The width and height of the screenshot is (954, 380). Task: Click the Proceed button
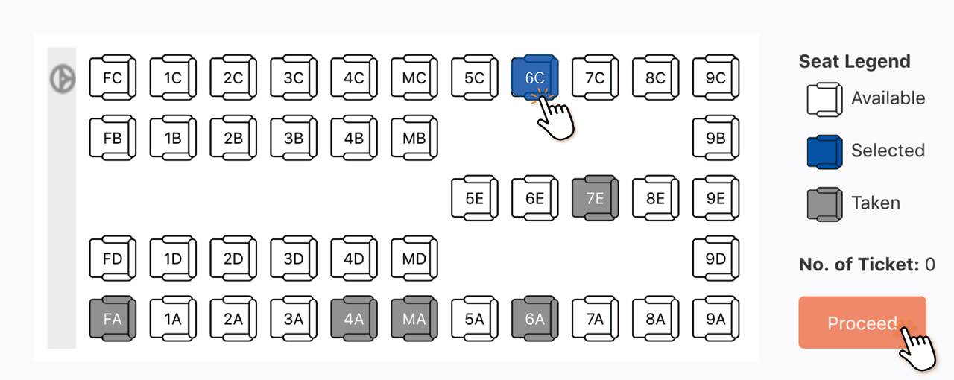862,323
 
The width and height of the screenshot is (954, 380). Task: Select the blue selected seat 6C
534,77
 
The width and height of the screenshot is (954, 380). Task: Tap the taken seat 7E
595,197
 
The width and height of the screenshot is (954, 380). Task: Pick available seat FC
113,77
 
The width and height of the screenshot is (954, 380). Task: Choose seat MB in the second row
414,138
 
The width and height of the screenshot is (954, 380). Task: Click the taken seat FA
113,319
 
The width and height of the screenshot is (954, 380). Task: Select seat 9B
715,138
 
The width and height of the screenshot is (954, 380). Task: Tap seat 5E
474,198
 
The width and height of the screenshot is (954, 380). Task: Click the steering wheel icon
62,78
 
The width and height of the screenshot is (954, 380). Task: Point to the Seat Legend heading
854,61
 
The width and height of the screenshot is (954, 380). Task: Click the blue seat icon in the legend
824,151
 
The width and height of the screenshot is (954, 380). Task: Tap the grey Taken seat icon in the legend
824,203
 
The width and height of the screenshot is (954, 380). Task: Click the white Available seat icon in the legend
824,99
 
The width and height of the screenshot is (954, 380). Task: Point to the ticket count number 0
929,264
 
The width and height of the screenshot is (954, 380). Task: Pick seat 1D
173,259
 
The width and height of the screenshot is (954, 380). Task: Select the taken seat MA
414,319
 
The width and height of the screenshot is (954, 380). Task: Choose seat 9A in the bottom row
715,319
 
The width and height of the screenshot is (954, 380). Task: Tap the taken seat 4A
353,319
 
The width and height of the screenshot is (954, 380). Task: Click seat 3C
294,77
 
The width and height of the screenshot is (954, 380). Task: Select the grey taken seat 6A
534,319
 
